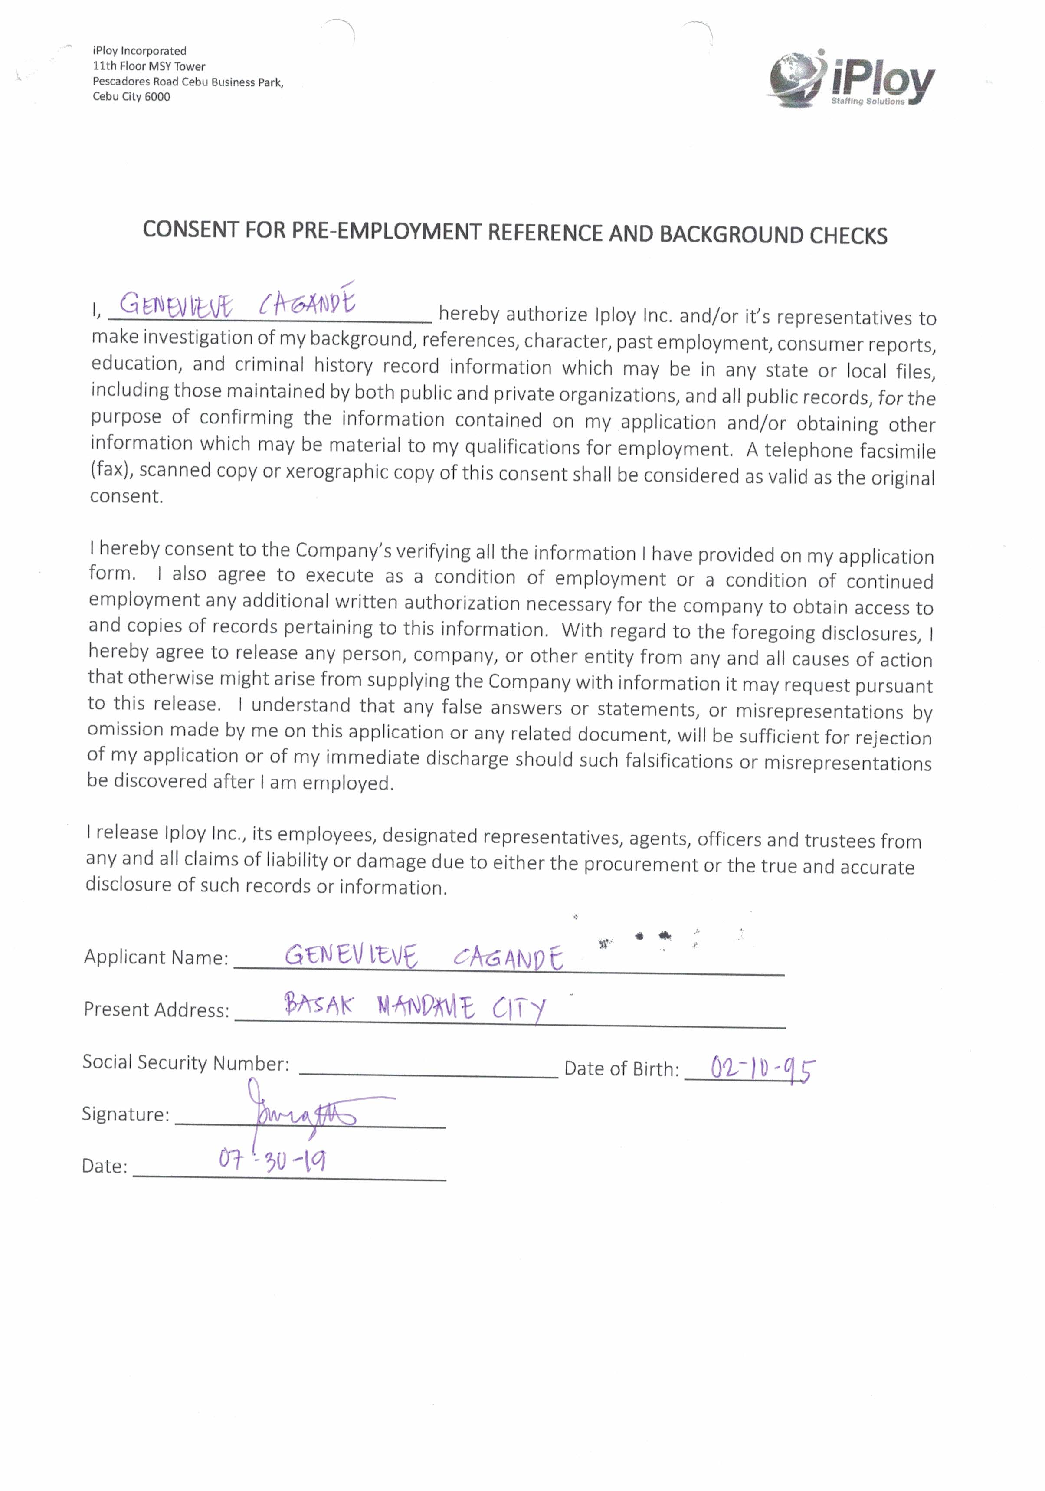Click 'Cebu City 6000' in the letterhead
click(x=131, y=97)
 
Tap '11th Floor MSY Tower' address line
click(x=149, y=66)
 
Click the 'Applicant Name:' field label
click(x=156, y=957)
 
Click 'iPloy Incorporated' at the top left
click(x=140, y=51)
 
